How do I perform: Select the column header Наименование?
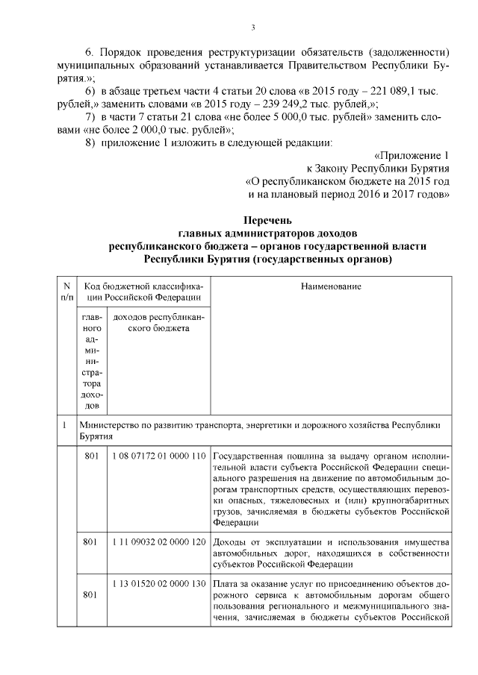tap(331, 286)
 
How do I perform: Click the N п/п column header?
tap(66, 292)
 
